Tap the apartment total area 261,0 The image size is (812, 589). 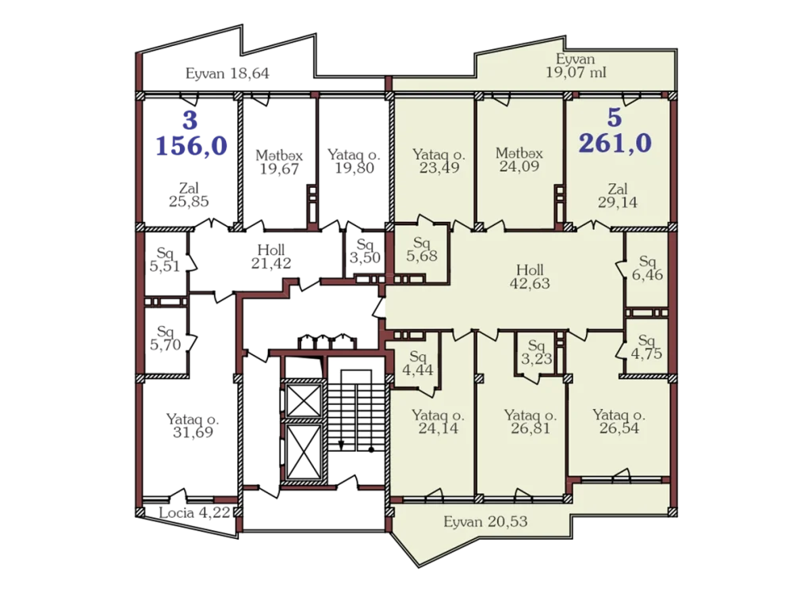[615, 143]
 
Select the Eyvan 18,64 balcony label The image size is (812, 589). [228, 74]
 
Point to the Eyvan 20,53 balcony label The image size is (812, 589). [485, 521]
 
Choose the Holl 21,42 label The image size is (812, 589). [271, 257]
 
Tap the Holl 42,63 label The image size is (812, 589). [530, 277]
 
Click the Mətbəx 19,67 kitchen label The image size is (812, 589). [279, 162]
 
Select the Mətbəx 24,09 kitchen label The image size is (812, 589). [519, 160]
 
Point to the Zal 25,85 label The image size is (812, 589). [189, 194]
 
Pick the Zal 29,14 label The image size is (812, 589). [618, 196]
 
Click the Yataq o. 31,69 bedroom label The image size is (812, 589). [193, 426]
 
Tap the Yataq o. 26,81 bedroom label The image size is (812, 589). [530, 421]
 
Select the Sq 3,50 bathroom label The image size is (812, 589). [365, 251]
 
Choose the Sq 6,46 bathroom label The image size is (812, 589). [647, 268]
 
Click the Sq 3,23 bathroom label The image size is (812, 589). [537, 353]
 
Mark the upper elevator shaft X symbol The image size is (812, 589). [304, 400]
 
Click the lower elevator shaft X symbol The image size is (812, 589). [304, 453]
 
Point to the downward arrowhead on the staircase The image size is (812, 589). [341, 445]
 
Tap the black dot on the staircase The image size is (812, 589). [371, 449]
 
